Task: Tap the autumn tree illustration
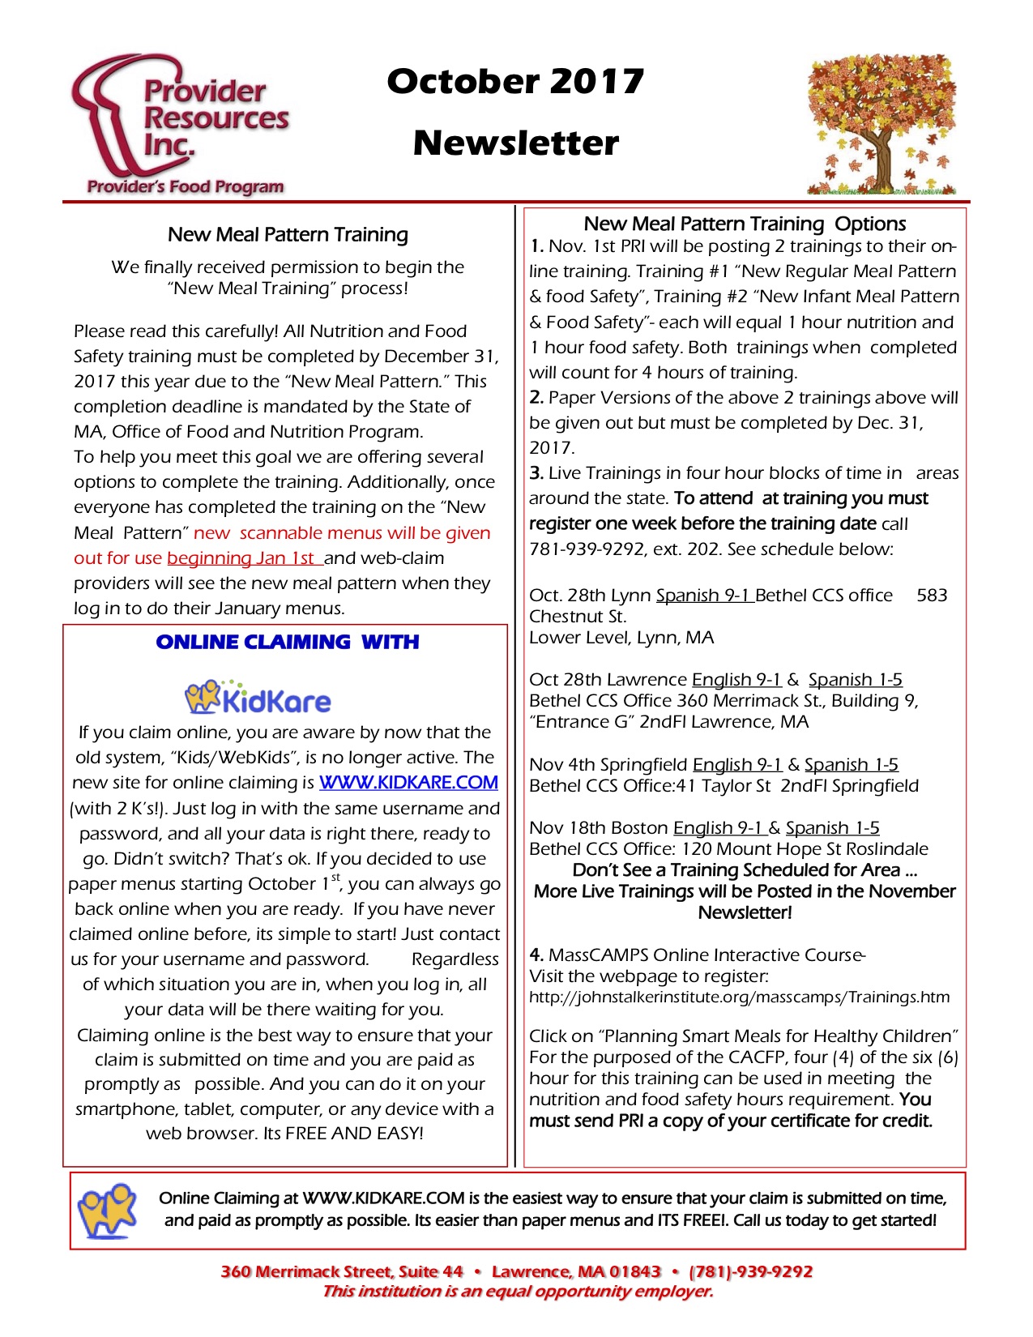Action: (881, 126)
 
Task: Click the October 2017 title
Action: (515, 81)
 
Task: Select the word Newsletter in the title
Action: (515, 143)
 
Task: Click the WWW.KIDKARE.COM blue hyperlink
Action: (408, 783)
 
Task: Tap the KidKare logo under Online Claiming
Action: (258, 698)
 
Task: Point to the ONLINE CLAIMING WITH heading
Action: (288, 643)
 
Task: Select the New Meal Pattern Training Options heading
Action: (745, 224)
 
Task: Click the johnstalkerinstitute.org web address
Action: (739, 997)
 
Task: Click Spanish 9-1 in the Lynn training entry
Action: (704, 596)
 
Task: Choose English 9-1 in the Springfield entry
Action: (737, 765)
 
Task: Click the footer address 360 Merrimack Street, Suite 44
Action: (341, 1272)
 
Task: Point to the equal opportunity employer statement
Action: (518, 1292)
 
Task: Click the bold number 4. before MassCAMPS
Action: (536, 955)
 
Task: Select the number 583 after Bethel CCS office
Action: (932, 596)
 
